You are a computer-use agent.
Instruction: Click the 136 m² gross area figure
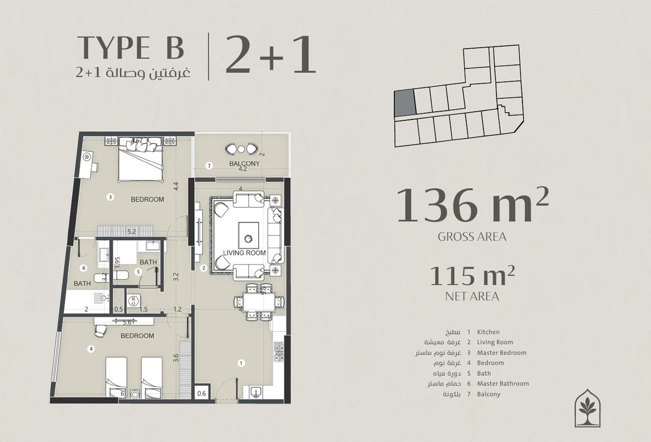tap(473, 205)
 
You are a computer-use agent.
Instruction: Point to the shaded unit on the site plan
tap(405, 103)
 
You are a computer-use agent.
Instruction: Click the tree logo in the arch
tap(588, 408)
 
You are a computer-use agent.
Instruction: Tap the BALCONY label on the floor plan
tap(244, 164)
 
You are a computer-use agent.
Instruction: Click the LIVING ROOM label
tap(244, 253)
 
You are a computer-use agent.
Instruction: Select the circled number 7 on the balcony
tap(209, 166)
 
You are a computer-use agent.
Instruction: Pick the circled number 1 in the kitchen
tap(241, 363)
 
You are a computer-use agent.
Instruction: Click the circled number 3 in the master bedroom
tap(110, 197)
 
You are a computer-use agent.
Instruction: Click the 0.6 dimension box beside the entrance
tap(201, 393)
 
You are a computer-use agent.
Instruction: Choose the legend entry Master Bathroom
tap(503, 383)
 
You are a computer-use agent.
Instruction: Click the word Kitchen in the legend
tap(488, 332)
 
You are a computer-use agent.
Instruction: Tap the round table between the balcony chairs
tap(241, 149)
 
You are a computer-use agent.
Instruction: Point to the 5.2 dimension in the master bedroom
tap(131, 232)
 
